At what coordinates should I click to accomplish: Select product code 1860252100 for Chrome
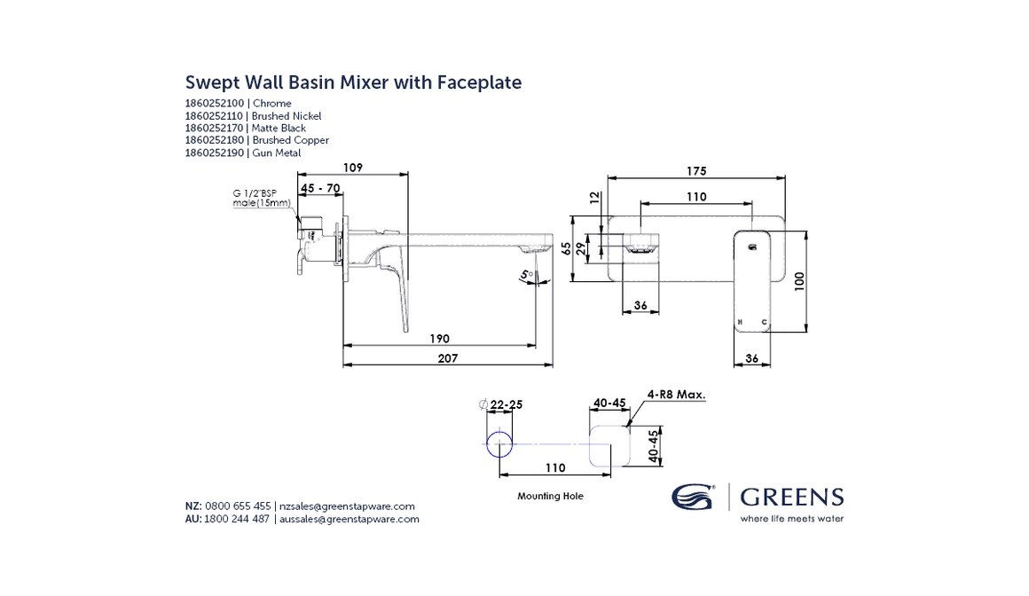(x=215, y=104)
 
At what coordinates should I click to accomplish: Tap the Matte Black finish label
(x=279, y=129)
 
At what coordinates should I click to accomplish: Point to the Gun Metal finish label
(x=276, y=153)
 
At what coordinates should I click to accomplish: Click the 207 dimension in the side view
(x=448, y=358)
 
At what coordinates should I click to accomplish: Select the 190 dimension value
(x=440, y=338)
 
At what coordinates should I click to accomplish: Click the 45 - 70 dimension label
(x=320, y=188)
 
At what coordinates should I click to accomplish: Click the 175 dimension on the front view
(x=696, y=170)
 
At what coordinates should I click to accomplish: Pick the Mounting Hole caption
(x=550, y=497)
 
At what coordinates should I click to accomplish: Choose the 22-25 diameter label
(x=506, y=404)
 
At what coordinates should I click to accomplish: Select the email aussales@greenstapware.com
(x=349, y=519)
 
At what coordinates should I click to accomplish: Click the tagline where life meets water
(x=791, y=519)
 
